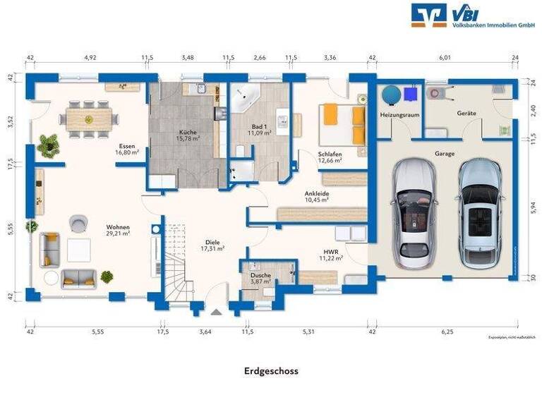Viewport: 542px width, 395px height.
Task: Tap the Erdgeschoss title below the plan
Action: pyautogui.click(x=271, y=370)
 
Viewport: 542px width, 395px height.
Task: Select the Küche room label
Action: pyautogui.click(x=188, y=132)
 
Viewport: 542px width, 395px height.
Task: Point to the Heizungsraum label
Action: pyautogui.click(x=399, y=114)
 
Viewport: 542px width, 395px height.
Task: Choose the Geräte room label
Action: pyautogui.click(x=466, y=113)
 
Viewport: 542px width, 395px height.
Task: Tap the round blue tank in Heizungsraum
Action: pyautogui.click(x=390, y=94)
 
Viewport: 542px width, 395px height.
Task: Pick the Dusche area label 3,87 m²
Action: pyautogui.click(x=261, y=282)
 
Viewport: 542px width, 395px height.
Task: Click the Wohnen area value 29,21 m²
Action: pyautogui.click(x=118, y=233)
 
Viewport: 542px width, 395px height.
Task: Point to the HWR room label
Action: pyautogui.click(x=332, y=251)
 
